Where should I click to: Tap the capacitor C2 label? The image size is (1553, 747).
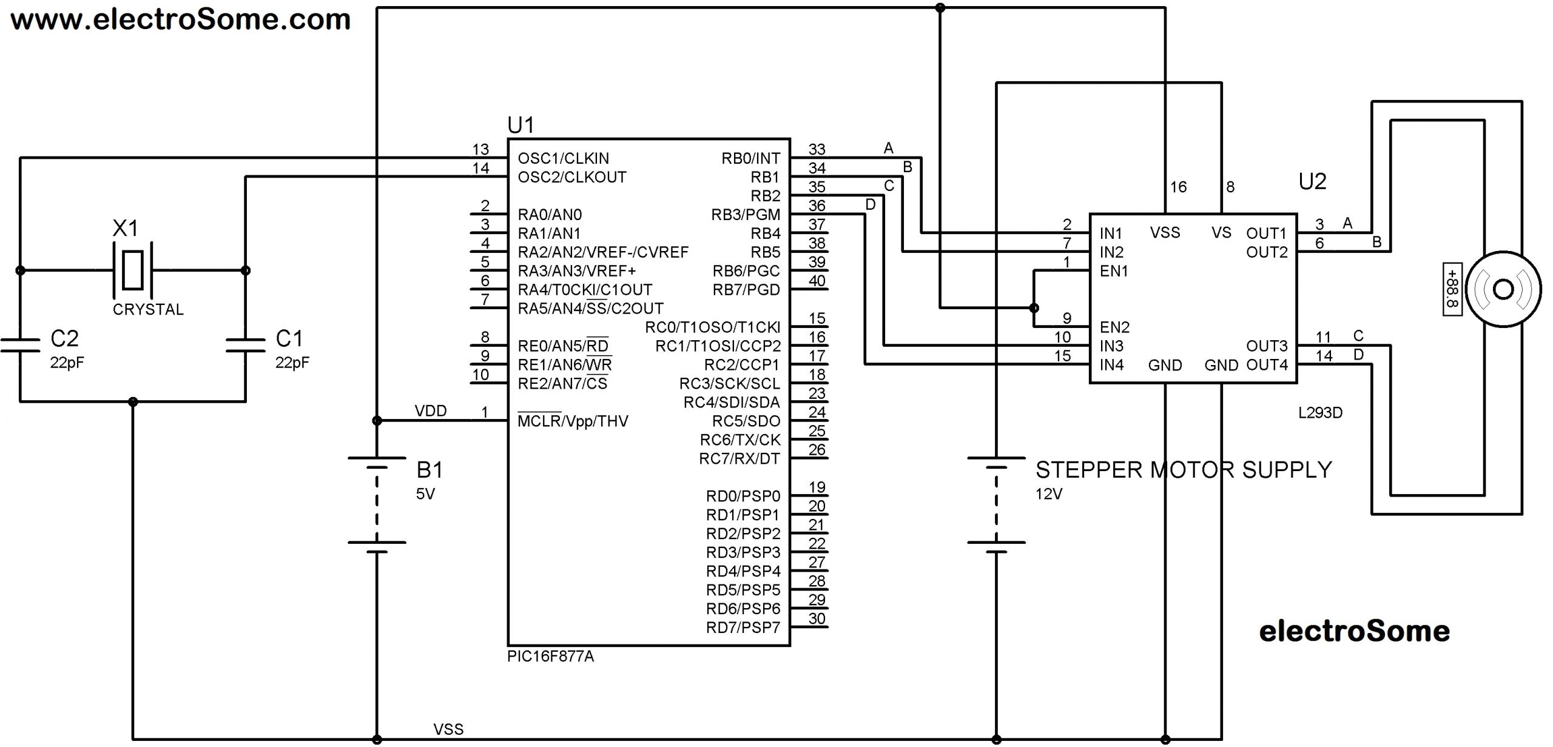point(64,338)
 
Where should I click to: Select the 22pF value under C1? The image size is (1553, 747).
point(292,363)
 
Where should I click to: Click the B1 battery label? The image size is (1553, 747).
point(430,470)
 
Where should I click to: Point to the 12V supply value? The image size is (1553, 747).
point(1048,494)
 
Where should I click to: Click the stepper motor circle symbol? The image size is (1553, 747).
point(1503,290)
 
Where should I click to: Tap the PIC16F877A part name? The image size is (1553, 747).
point(550,657)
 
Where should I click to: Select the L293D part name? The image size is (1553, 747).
point(1320,413)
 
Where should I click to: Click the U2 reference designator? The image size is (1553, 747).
point(1312,181)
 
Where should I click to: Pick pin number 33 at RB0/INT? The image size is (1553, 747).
point(817,149)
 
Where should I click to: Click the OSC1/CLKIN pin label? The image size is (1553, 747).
point(563,158)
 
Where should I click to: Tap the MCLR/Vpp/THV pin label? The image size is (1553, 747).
point(573,421)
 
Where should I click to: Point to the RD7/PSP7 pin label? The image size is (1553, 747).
point(743,628)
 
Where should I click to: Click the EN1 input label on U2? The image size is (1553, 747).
point(1114,271)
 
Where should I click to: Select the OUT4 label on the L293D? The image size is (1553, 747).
point(1267,365)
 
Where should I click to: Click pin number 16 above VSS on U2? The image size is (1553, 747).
point(1178,187)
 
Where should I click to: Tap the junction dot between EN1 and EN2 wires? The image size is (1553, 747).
point(1034,308)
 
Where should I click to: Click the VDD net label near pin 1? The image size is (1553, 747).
point(431,411)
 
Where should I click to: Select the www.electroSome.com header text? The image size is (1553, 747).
point(181,19)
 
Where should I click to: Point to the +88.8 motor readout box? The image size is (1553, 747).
point(1452,289)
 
